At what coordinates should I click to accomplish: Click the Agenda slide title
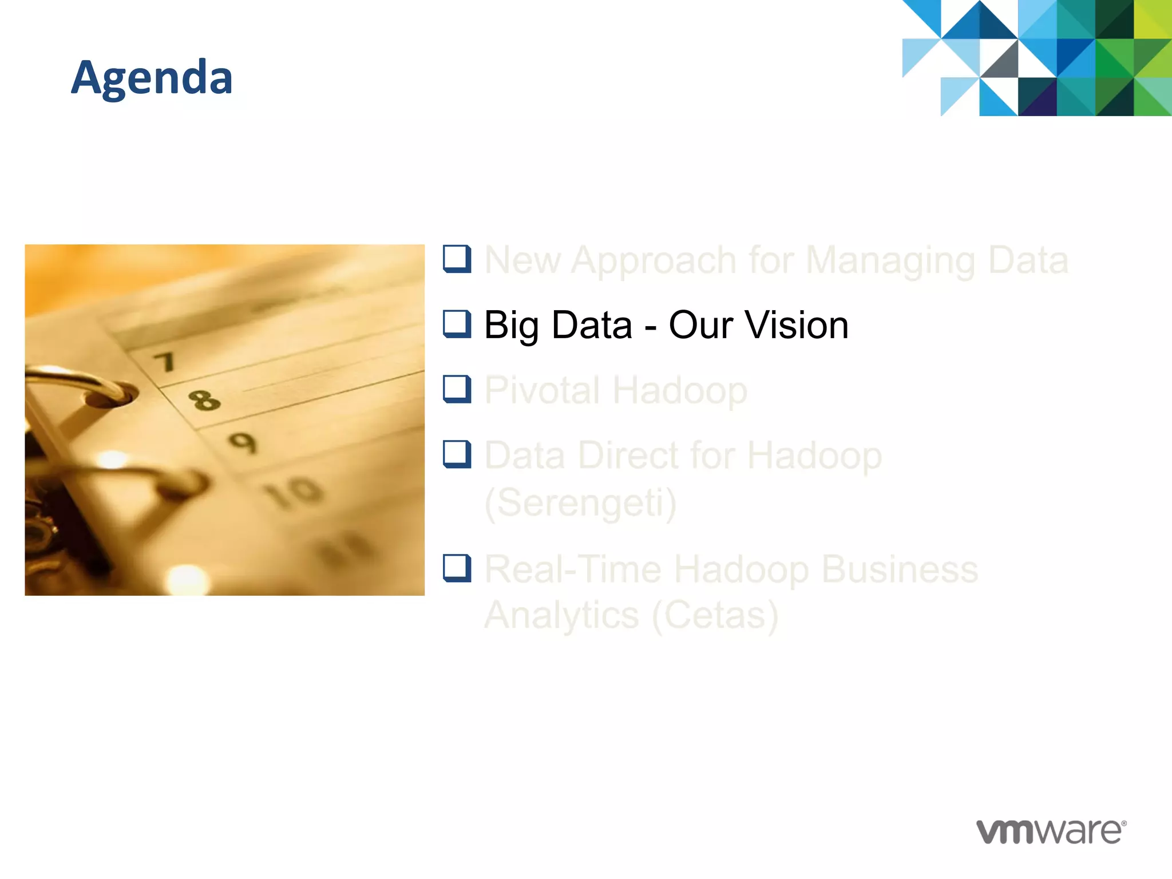pos(152,77)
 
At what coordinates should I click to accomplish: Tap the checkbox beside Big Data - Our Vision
pos(457,324)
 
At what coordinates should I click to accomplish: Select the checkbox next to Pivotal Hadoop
pos(457,389)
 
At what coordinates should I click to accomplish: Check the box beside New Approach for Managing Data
pos(457,259)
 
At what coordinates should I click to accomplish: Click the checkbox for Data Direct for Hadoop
pos(457,454)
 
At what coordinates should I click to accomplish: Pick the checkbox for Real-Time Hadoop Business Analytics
pos(457,568)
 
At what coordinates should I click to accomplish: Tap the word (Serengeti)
pos(580,503)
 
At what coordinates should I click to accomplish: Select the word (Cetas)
pos(715,615)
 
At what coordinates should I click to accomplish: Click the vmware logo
pos(1051,832)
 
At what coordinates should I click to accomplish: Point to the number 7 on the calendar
pos(165,362)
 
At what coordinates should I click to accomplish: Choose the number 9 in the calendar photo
pos(243,442)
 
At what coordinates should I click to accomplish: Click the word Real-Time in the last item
pos(572,569)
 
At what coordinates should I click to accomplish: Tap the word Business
pos(900,569)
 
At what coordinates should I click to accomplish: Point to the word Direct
pos(628,456)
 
